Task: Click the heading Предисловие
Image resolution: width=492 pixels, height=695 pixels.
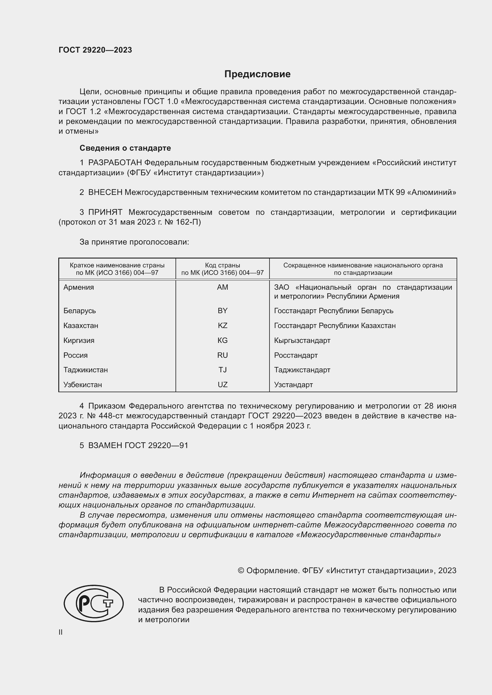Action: point(257,74)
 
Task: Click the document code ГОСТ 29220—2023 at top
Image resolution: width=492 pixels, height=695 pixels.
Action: point(95,50)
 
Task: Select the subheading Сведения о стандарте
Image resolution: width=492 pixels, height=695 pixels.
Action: point(125,148)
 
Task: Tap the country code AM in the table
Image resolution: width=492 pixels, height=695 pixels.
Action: point(223,287)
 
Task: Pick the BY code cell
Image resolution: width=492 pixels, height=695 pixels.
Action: point(223,311)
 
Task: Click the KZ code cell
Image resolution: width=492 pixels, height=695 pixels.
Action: point(223,325)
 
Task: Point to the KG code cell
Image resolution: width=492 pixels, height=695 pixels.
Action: point(223,340)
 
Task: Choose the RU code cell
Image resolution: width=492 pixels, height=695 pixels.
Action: point(223,355)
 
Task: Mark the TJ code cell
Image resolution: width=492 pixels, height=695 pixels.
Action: point(223,370)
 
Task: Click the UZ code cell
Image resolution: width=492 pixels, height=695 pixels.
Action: point(223,384)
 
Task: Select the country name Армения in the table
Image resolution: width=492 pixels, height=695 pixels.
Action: point(79,287)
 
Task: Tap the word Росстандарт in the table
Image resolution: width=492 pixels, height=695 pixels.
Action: point(296,355)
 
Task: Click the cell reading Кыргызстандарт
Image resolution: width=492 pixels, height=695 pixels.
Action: point(302,340)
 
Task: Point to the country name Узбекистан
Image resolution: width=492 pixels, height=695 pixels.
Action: point(82,384)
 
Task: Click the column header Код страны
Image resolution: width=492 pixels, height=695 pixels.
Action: point(223,265)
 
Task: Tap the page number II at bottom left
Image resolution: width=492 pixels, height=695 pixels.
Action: point(61,632)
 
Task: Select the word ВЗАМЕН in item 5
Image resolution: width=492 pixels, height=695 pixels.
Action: point(105,445)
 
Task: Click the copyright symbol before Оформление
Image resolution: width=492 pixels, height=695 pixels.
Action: point(241,571)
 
